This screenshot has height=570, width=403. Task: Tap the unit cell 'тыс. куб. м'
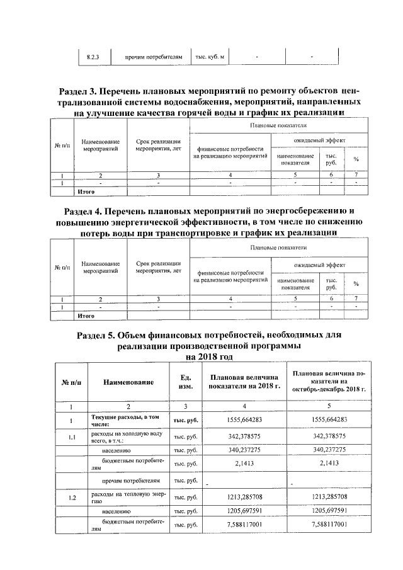coord(210,57)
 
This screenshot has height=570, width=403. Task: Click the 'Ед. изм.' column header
coord(186,382)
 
